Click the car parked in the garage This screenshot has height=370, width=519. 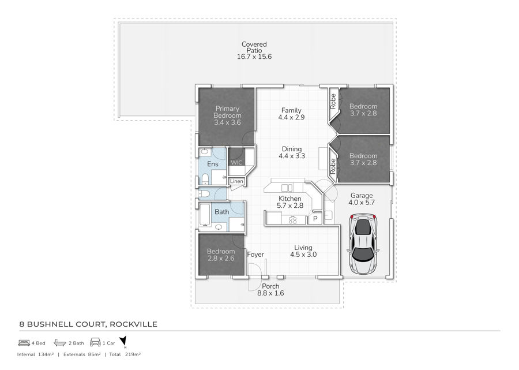pos(363,244)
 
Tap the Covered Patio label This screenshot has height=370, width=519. pos(254,47)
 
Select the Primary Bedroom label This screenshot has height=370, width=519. pos(227,112)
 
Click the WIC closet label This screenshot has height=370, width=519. pos(236,162)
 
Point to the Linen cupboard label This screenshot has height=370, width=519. pos(236,181)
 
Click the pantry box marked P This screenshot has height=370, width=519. pos(315,218)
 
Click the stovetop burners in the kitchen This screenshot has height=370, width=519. pos(293,220)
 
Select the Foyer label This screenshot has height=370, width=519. pos(255,255)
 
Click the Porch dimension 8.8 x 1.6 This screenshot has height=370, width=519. pos(271,293)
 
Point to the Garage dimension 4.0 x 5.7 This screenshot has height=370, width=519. pos(362,203)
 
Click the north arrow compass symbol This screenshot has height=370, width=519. pos(123,342)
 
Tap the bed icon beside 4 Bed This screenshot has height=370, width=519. pos(24,342)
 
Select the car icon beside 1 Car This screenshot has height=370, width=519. pos(95,342)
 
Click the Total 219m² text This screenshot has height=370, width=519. pos(125,354)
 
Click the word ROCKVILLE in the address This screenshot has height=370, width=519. pos(133,324)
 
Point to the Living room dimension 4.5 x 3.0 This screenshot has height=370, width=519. pos(303,255)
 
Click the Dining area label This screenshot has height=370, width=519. pos(292,149)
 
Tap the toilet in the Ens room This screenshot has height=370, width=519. pos(205,179)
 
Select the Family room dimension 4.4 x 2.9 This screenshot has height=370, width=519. pos(291,117)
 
